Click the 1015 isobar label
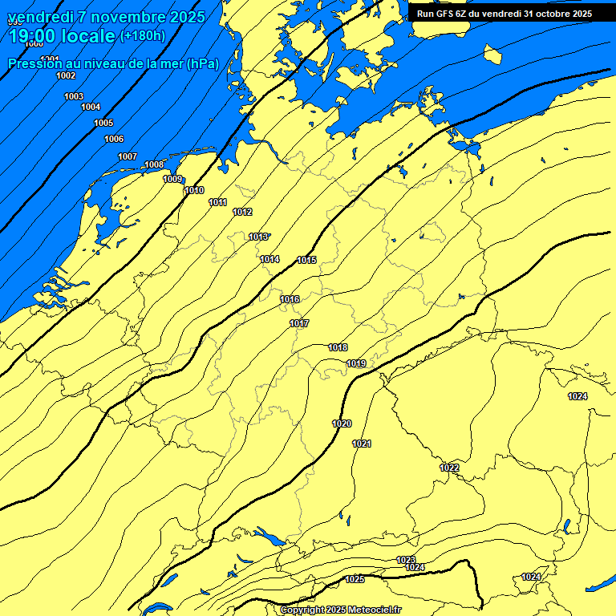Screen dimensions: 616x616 pos(306,260)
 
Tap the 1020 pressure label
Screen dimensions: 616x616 pos(342,423)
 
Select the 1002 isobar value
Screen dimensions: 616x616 pos(66,75)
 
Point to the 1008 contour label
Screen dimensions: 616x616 pos(154,165)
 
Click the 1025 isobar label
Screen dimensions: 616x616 pos(355,579)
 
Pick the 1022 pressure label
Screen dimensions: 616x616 pos(449,468)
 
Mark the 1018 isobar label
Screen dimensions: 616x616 pos(338,347)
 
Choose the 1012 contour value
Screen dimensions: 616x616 pos(242,212)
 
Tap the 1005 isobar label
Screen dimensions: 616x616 pos(103,123)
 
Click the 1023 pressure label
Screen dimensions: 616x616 pos(406,560)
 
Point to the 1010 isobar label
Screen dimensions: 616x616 pos(193,190)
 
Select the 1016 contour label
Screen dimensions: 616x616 pos(290,299)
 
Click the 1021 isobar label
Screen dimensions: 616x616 pos(362,444)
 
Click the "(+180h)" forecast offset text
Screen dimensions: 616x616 pos(142,36)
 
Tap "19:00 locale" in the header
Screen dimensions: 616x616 pos(61,36)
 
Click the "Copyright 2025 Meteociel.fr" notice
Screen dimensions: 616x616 pos(340,610)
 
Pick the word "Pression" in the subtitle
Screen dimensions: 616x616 pos(33,63)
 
